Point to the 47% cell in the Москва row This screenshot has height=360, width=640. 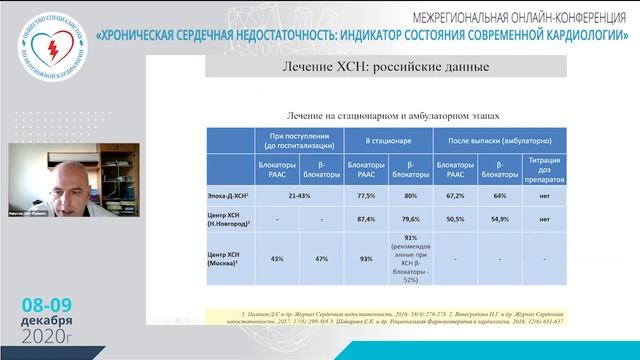pos(322,258)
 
